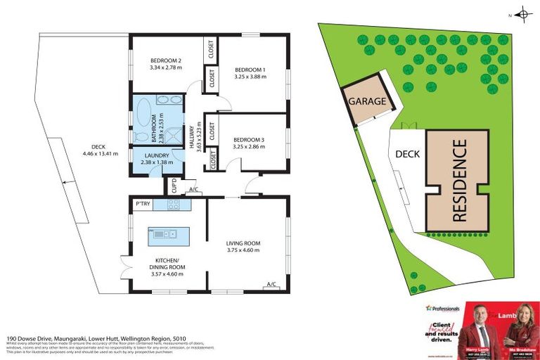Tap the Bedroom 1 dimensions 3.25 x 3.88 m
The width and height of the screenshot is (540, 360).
[250, 77]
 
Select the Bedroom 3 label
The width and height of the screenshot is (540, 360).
[250, 139]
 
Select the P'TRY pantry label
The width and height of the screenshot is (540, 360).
[143, 204]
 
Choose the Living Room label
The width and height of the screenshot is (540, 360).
[243, 243]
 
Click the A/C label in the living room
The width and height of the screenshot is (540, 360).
[271, 284]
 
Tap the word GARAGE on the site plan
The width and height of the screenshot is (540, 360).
[367, 101]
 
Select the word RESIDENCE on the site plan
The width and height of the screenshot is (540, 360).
[459, 181]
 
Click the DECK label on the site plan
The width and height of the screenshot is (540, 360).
[407, 154]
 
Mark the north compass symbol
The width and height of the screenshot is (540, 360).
[523, 13]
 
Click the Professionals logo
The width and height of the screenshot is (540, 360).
[443, 309]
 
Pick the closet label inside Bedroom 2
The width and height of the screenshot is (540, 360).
[210, 49]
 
